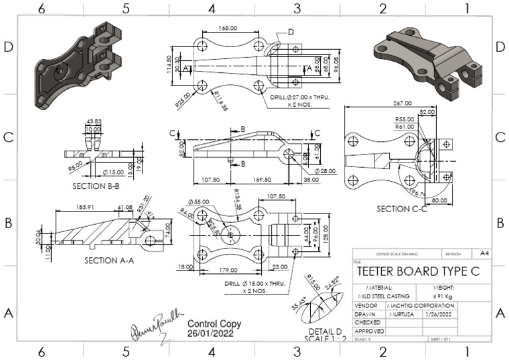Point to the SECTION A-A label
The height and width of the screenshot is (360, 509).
(x=109, y=260)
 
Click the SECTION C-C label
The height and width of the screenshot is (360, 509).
(x=403, y=209)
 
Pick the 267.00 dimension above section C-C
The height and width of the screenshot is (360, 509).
(x=404, y=103)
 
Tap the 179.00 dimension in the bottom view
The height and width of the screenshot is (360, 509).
(x=229, y=269)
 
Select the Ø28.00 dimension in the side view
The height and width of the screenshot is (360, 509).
(x=325, y=170)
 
